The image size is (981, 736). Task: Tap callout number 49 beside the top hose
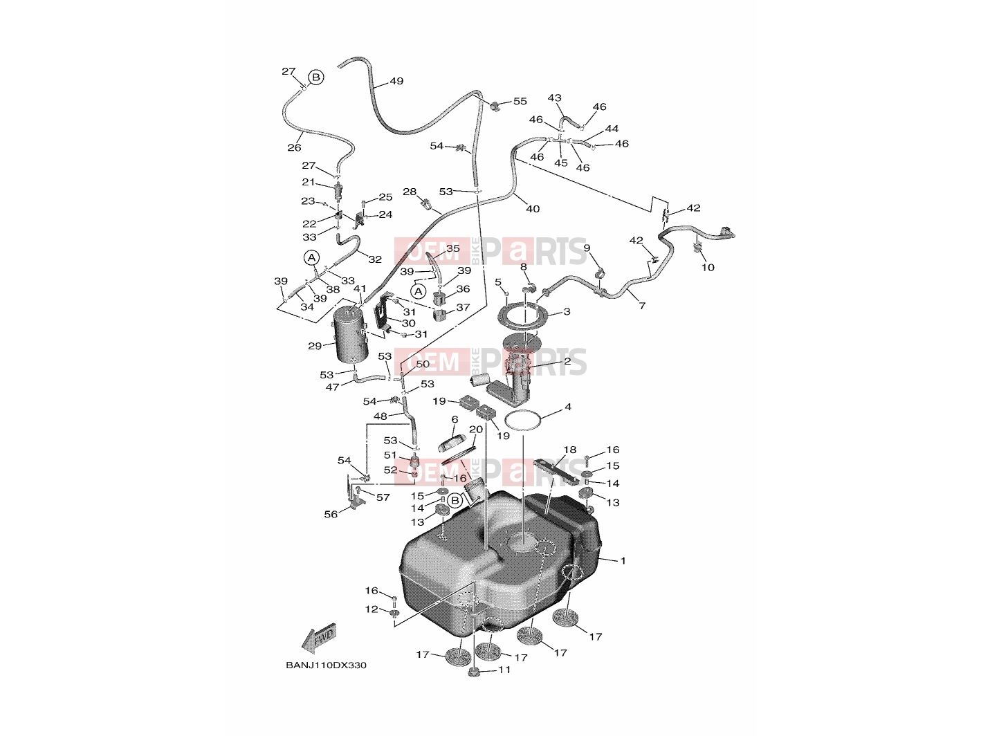coord(396,81)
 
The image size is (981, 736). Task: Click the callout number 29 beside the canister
coord(315,346)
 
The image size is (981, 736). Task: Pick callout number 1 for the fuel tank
coord(623,560)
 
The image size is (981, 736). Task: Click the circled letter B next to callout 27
coord(316,77)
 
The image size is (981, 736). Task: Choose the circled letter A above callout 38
coord(311,258)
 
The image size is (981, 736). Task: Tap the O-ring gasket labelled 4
coord(523,422)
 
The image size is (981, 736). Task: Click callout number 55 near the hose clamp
coord(520,102)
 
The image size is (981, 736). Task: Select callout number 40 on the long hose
coord(533,209)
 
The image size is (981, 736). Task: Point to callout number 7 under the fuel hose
coord(642,306)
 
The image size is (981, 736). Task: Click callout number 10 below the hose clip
coord(708,267)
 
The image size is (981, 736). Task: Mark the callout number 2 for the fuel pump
coord(567,361)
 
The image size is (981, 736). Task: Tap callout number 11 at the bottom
coord(504,670)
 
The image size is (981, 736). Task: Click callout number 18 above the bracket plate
coord(570,450)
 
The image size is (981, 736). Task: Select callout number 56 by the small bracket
coord(331,515)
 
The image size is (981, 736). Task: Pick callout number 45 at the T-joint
coord(561,163)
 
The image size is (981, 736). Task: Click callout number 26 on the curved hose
coord(294,147)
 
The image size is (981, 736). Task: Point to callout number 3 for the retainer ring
coord(567,311)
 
